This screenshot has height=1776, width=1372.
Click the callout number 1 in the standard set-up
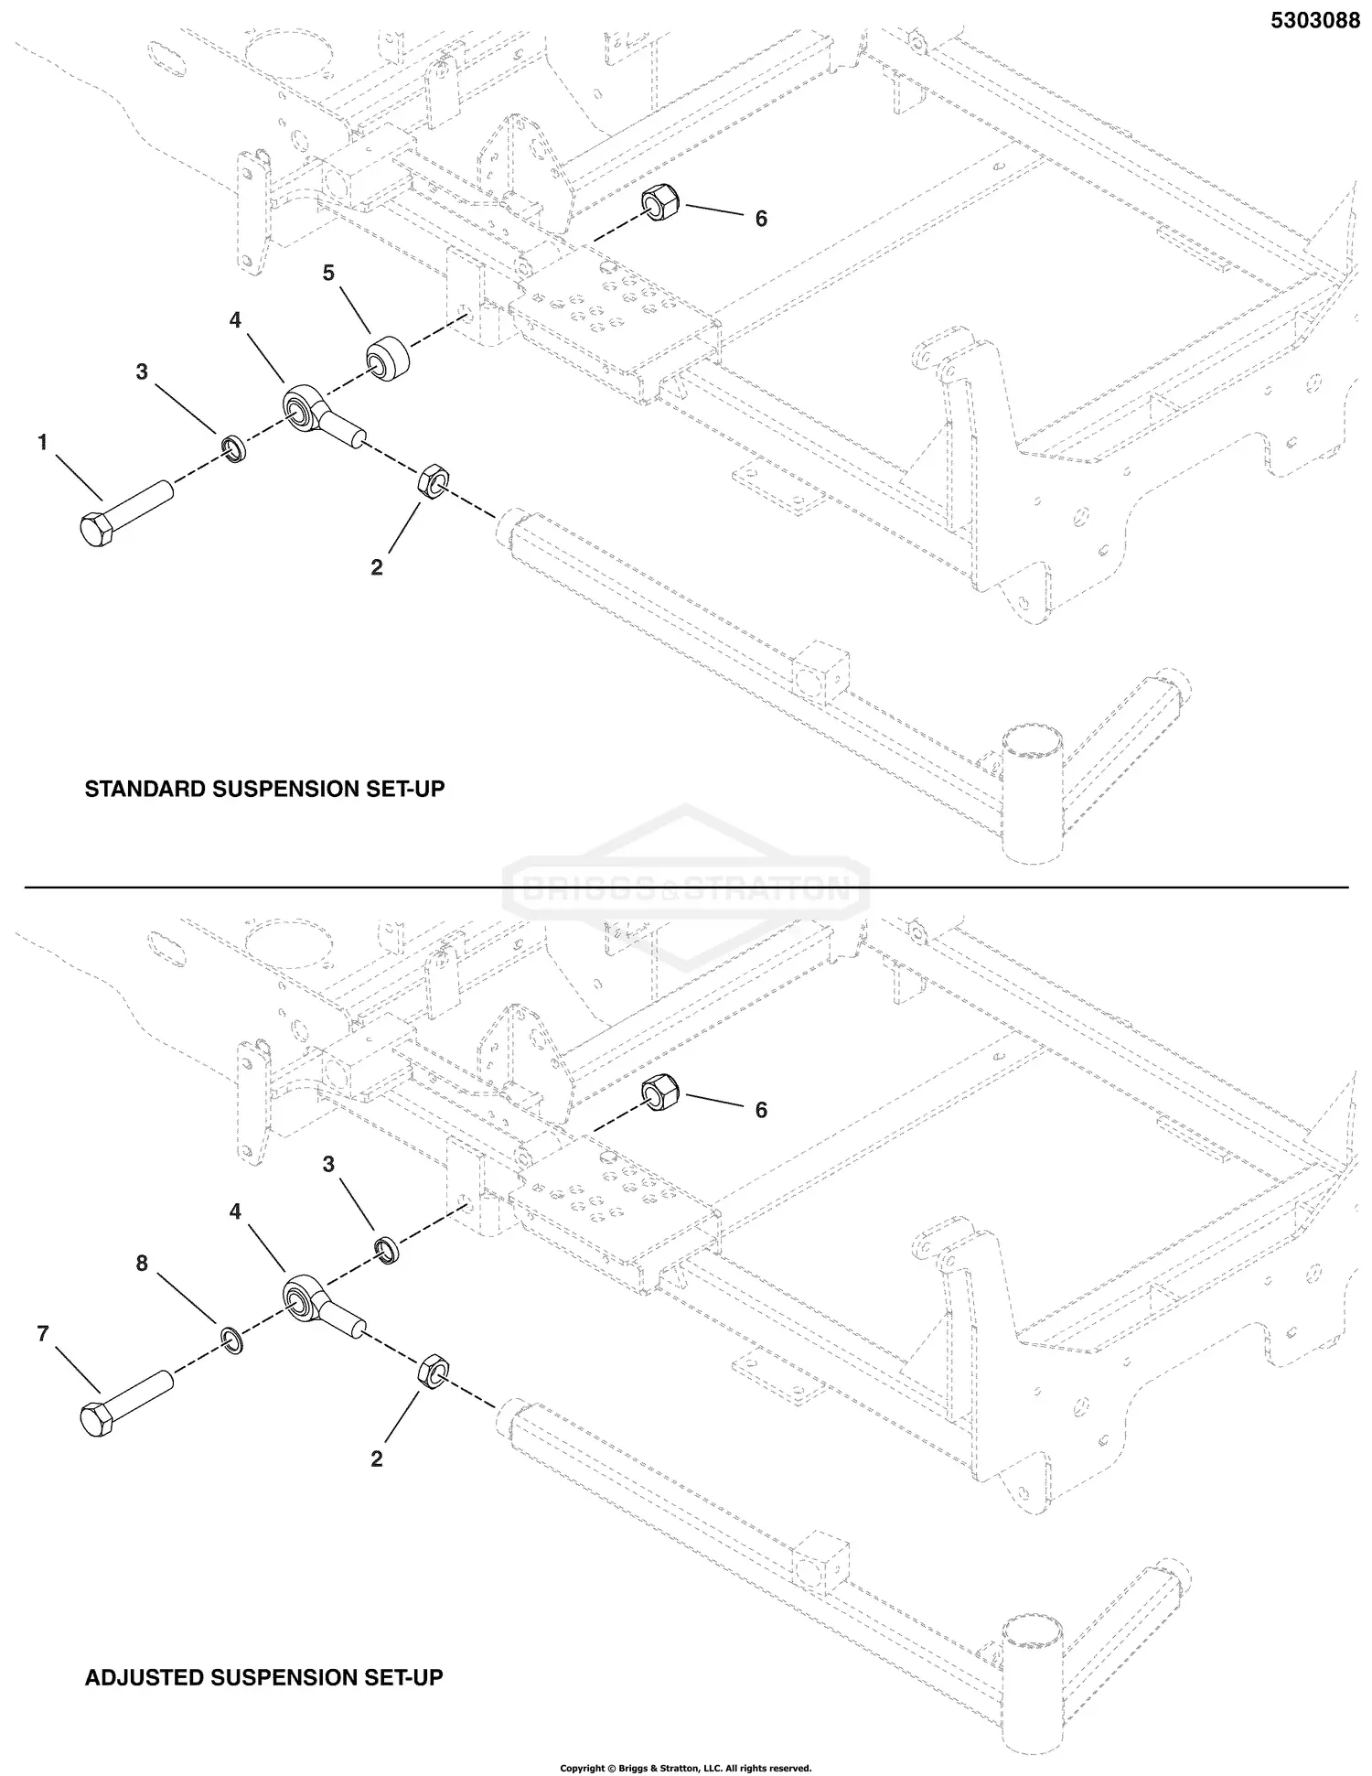tap(42, 443)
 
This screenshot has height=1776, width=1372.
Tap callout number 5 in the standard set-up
tap(328, 273)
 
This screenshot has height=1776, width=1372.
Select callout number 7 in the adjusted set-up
tap(42, 1334)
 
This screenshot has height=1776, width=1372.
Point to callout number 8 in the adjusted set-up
tap(142, 1264)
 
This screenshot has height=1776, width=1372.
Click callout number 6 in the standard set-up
tap(761, 219)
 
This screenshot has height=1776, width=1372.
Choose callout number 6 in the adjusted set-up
tap(761, 1110)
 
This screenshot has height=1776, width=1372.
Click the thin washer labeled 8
tap(232, 1341)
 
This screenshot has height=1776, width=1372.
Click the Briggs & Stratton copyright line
tap(686, 1768)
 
